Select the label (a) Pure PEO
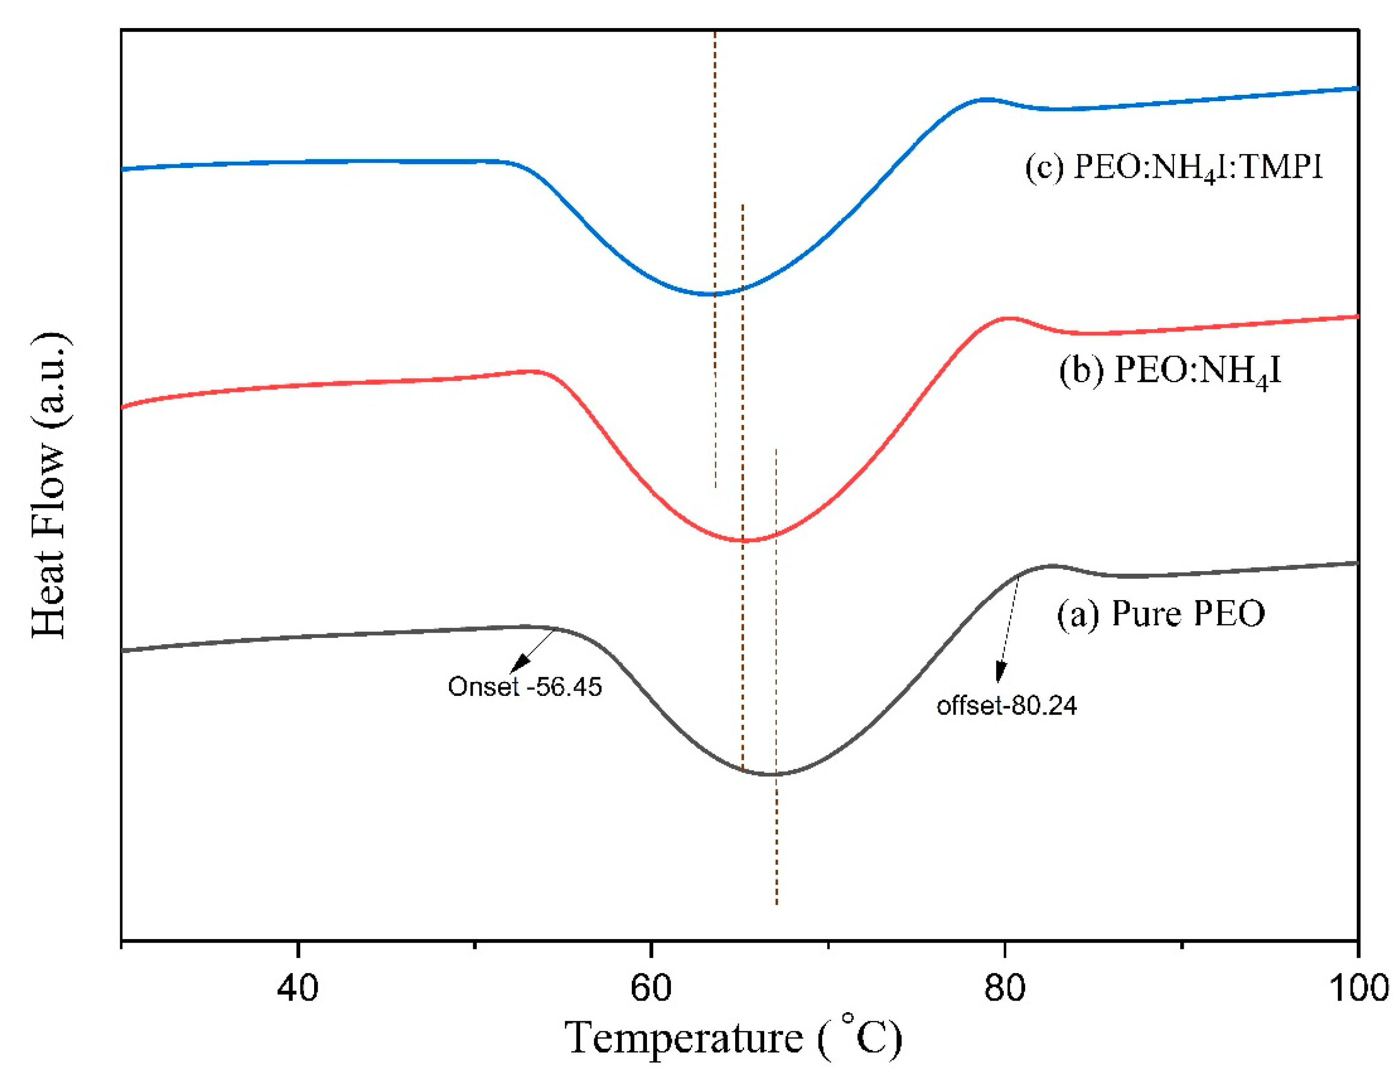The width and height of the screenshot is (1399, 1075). pyautogui.click(x=1160, y=613)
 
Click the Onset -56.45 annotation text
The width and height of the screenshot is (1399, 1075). pyautogui.click(x=525, y=687)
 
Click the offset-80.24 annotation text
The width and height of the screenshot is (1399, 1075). pyautogui.click(x=1006, y=706)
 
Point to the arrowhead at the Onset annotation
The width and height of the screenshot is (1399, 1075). pyautogui.click(x=522, y=662)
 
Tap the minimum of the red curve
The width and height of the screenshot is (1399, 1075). pyautogui.click(x=748, y=541)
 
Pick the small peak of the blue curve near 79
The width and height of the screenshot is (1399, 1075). pyautogui.click(x=986, y=99)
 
